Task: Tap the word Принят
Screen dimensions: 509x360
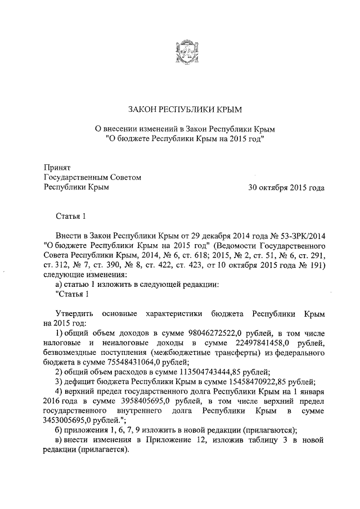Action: [x=57, y=167]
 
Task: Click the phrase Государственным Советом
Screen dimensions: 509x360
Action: [x=92, y=177]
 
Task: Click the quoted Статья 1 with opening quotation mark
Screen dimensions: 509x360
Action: [x=72, y=295]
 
